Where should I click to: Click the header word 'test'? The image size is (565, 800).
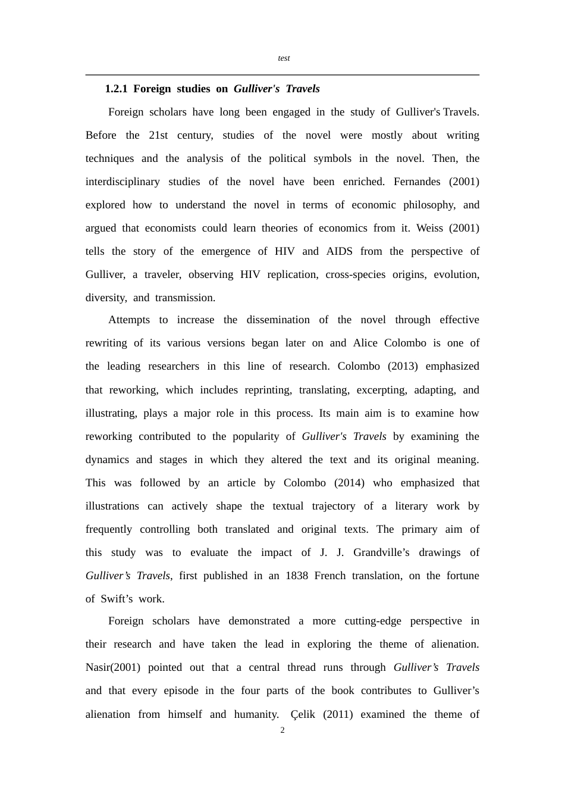[x=284, y=58]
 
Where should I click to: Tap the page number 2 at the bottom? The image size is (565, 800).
[x=282, y=730]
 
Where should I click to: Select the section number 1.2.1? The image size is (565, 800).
[x=116, y=89]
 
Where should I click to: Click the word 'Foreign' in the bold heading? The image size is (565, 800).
[x=152, y=89]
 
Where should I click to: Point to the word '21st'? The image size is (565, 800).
[x=158, y=135]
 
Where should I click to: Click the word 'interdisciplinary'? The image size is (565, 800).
[x=123, y=182]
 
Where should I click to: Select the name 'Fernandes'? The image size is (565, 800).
[x=417, y=182]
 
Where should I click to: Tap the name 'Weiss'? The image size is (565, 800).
[x=429, y=228]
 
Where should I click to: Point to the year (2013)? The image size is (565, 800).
[x=403, y=366]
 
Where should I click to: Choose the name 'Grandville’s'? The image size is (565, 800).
[x=381, y=552]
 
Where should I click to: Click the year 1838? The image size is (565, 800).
[x=297, y=576]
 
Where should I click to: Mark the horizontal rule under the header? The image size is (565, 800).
[x=282, y=75]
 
